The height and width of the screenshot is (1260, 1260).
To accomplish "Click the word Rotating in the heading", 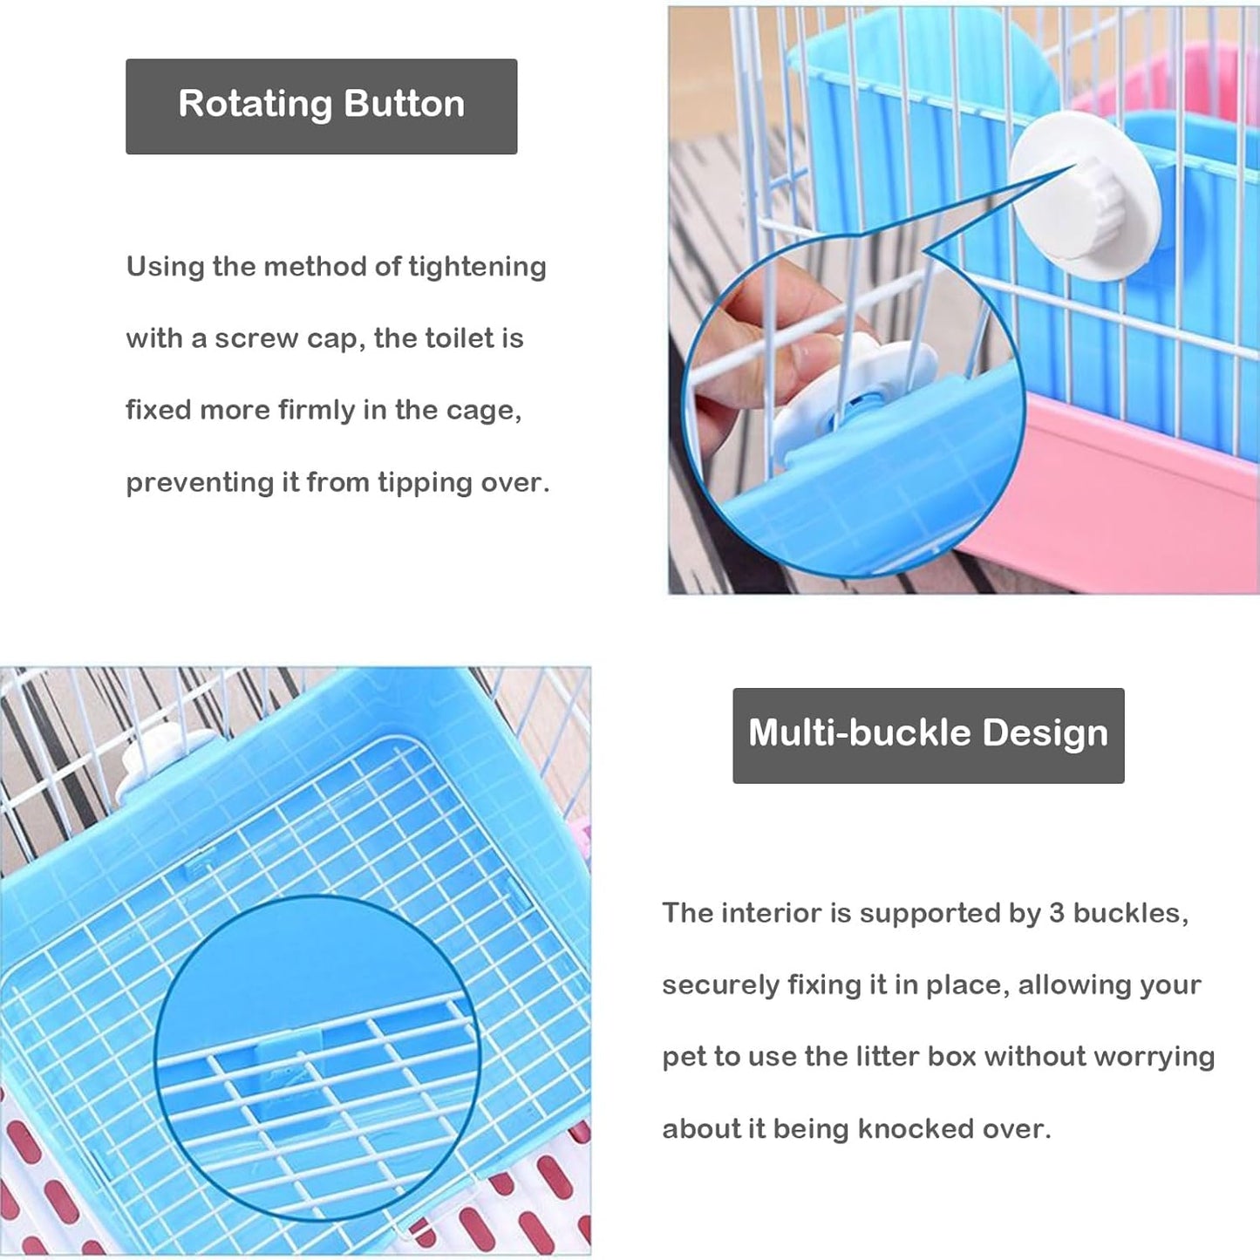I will [255, 105].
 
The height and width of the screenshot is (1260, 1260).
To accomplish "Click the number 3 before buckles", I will [1056, 913].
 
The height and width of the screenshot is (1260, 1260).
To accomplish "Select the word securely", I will [720, 985].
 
